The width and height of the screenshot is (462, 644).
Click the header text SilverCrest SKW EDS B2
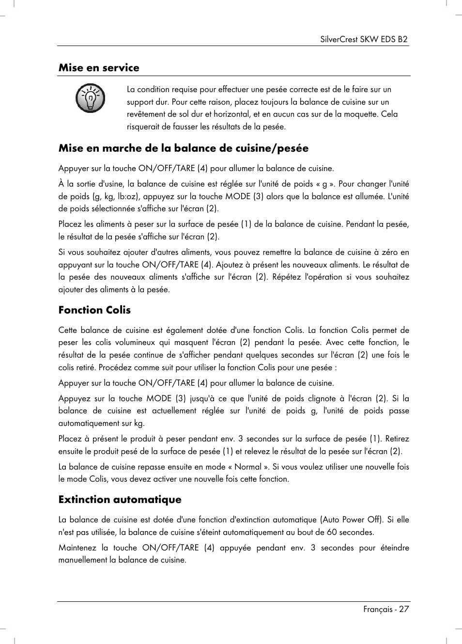(x=364, y=39)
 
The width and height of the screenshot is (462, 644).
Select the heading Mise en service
(x=99, y=68)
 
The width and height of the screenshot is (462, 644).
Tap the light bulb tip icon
(x=90, y=98)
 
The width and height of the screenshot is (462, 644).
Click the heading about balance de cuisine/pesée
(x=183, y=148)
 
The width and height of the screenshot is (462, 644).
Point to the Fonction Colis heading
(x=94, y=310)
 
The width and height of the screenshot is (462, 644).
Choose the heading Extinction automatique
(x=120, y=500)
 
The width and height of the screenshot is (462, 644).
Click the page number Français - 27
(x=386, y=610)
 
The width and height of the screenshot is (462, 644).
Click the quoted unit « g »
(x=324, y=184)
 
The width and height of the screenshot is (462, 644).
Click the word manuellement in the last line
(x=82, y=560)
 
